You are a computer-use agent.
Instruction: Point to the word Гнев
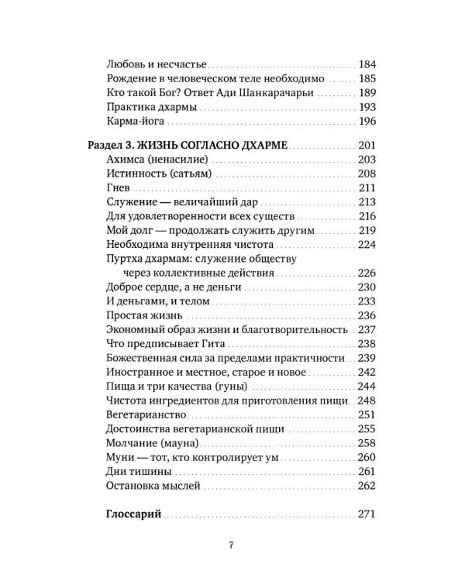coord(115,187)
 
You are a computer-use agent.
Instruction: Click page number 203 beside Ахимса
coord(367,160)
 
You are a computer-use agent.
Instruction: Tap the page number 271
coord(367,514)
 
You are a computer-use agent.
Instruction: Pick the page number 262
coord(367,486)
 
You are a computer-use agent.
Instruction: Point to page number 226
coord(367,273)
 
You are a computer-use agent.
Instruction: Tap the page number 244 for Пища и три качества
coord(367,387)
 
